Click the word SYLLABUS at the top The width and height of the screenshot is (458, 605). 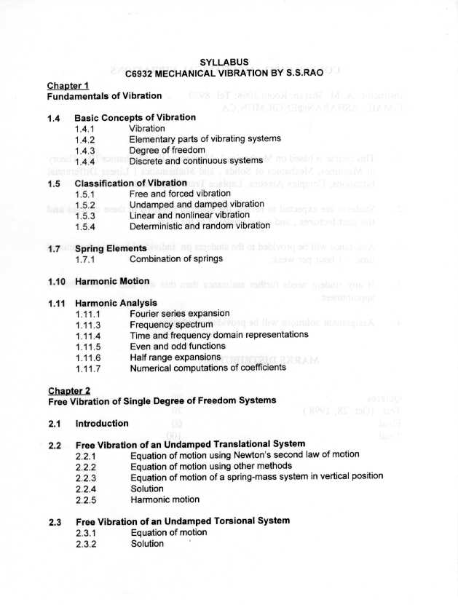pyautogui.click(x=224, y=63)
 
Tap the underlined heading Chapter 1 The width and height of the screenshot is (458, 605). pyautogui.click(x=68, y=84)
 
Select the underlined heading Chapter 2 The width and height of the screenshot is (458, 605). pyautogui.click(x=69, y=390)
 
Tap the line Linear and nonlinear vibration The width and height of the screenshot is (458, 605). pyautogui.click(x=189, y=215)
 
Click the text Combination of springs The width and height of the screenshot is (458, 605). pyautogui.click(x=176, y=259)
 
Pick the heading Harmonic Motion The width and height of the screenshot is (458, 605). pyautogui.click(x=112, y=281)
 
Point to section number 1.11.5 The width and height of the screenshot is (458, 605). pyautogui.click(x=88, y=347)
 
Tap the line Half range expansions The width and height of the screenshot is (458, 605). pyautogui.click(x=175, y=357)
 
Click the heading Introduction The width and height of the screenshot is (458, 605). pyautogui.click(x=102, y=423)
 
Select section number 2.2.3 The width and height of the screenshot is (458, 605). pyautogui.click(x=87, y=478)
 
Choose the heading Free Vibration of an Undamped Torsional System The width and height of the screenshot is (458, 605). pyautogui.click(x=183, y=521)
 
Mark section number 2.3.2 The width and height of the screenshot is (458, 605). pyautogui.click(x=87, y=543)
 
